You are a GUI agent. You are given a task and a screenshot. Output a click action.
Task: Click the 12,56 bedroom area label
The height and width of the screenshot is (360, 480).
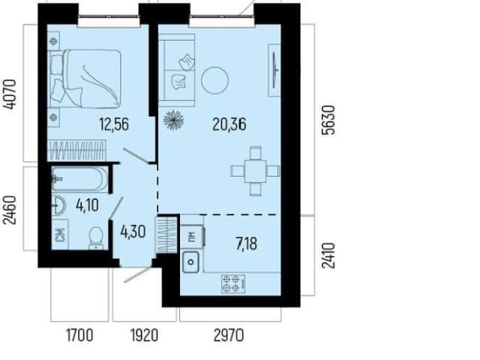coord(114,124)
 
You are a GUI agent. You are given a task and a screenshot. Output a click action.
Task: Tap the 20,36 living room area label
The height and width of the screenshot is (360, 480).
coord(229,124)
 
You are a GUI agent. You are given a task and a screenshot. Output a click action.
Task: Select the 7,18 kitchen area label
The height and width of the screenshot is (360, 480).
coord(247,244)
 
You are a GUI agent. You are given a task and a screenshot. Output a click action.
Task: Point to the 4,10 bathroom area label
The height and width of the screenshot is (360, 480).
coord(87,205)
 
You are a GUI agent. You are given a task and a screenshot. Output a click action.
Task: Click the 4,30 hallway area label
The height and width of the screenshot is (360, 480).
coord(133,232)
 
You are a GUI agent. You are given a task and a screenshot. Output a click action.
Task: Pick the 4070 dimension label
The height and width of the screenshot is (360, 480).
coord(10,94)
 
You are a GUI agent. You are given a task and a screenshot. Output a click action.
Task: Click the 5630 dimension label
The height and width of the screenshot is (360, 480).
coord(328,120)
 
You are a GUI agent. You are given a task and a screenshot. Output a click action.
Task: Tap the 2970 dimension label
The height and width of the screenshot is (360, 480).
coord(229,335)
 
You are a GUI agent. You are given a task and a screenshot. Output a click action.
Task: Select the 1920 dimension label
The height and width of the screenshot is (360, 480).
coord(144,335)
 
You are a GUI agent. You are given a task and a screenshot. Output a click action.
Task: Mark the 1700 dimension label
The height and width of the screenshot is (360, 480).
coord(79,335)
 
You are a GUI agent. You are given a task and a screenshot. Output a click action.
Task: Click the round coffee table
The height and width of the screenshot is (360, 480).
coord(214,80)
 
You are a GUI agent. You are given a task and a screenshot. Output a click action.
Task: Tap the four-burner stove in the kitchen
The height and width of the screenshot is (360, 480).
coord(233,283)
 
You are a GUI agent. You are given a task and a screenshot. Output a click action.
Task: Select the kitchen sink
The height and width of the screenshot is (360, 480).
coord(191,262)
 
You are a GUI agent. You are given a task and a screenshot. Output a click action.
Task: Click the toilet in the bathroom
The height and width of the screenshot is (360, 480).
coord(96,238)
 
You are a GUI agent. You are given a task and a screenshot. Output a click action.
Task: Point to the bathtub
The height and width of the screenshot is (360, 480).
coord(79,179)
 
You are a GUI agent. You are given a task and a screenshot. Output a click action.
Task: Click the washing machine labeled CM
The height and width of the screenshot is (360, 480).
coord(60,235)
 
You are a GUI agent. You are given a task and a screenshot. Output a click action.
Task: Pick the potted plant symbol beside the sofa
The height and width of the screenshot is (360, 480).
coord(173,120)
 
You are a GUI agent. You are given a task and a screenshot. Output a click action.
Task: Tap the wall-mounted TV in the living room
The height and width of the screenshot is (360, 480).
coord(274,70)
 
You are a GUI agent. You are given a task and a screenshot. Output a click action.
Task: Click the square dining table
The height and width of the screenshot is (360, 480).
coord(255,171)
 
